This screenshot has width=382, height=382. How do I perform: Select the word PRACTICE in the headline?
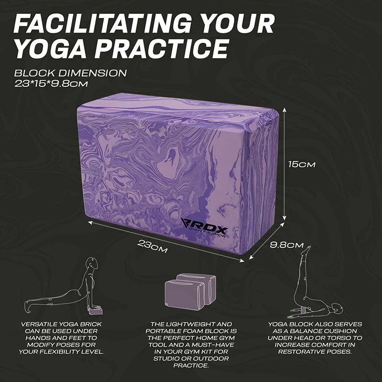click(x=162, y=48)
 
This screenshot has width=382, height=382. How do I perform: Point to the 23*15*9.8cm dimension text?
click(x=51, y=84)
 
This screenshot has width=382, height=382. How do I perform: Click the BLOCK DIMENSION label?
click(x=70, y=73)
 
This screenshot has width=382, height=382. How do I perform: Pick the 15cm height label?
click(x=302, y=164)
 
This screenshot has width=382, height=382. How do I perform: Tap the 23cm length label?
click(x=152, y=246)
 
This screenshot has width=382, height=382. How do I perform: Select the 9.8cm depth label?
click(x=287, y=244)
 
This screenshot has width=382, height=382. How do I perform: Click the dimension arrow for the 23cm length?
click(x=166, y=242)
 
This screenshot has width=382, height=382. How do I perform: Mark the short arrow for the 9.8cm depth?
click(x=267, y=241)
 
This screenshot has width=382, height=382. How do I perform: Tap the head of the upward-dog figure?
click(x=93, y=263)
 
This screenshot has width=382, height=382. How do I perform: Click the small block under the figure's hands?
click(x=96, y=311)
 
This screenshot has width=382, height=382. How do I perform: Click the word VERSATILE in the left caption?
click(x=35, y=324)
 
